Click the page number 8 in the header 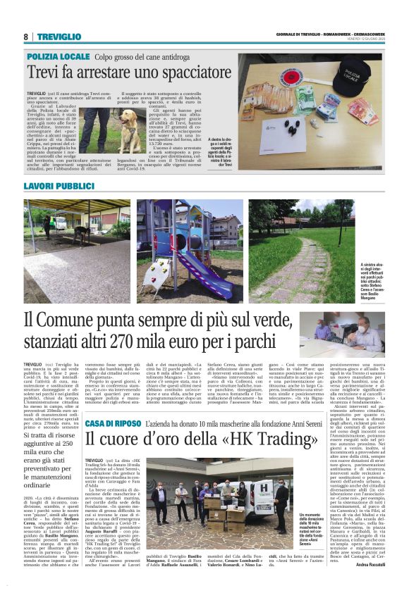(25, 37)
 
